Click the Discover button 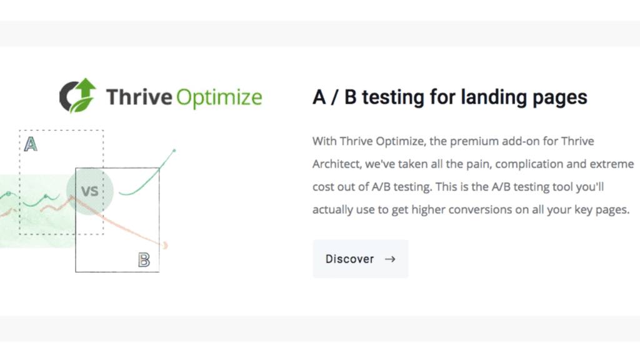361,259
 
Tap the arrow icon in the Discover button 390,259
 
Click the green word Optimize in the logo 219,97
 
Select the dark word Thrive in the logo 139,97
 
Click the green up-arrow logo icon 77,96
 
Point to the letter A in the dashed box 31,144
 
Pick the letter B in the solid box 144,260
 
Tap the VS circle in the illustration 90,191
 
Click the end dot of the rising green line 174,151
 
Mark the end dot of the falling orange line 165,245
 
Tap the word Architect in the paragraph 337,164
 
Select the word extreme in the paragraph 612,164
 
